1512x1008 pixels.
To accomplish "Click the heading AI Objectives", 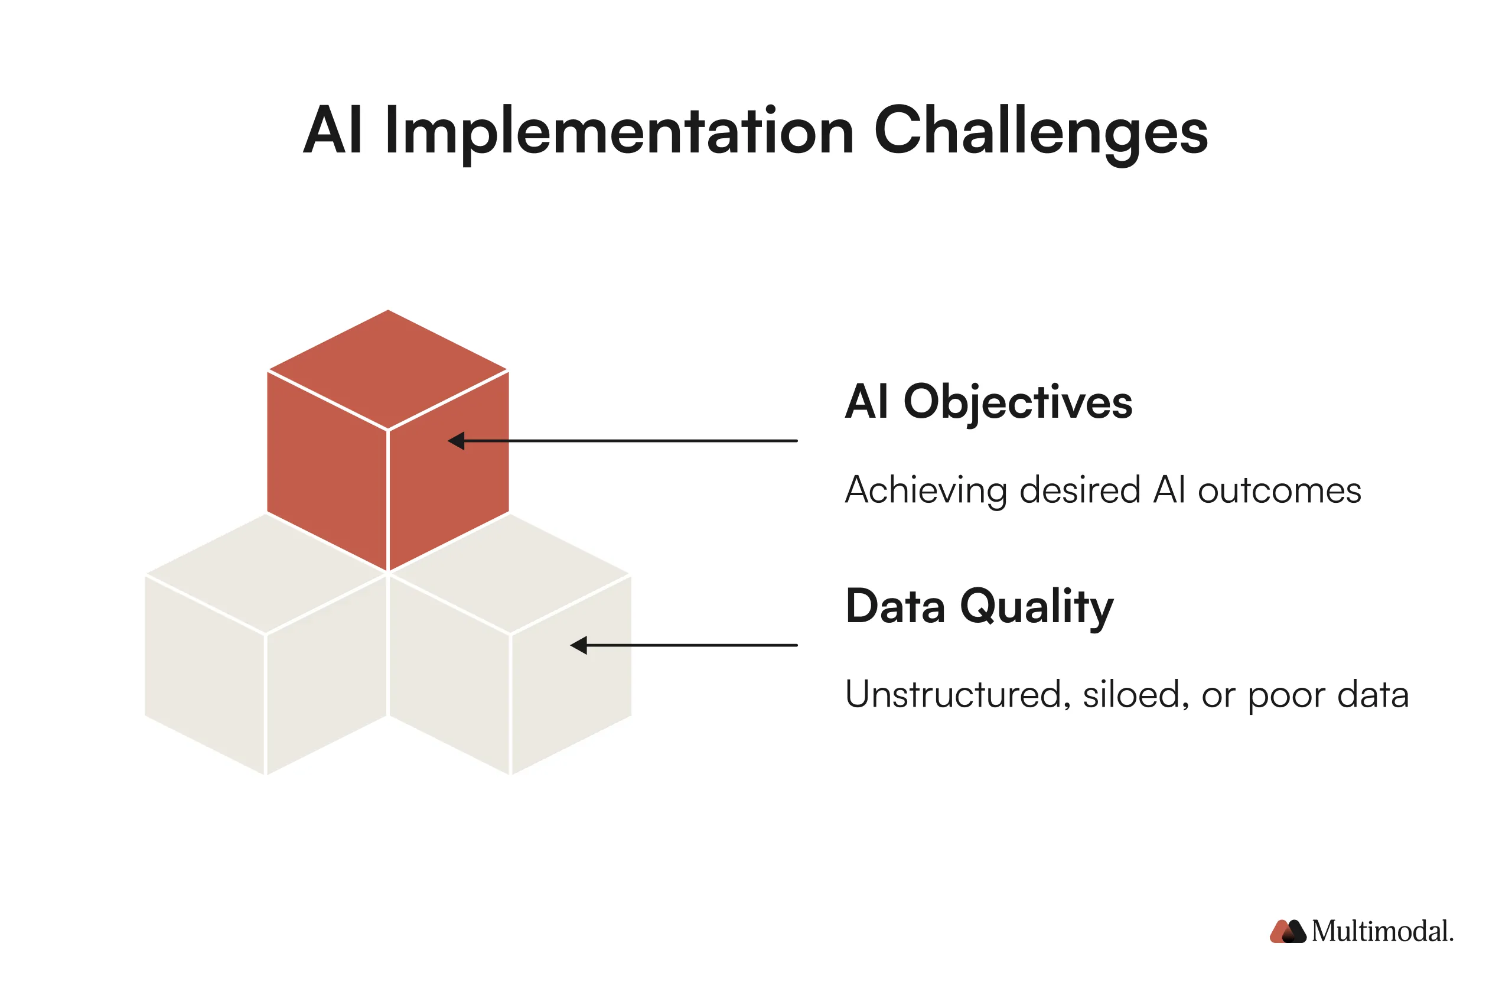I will pos(988,402).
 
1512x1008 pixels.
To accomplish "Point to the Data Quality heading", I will pos(979,606).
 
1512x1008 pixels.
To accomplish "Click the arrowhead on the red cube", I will pos(456,441).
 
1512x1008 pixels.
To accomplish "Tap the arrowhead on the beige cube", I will pos(579,645).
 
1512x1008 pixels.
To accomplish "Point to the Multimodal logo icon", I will pos(1287,932).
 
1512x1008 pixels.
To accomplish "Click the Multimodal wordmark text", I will pos(1381,932).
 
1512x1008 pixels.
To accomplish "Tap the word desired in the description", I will pos(1080,490).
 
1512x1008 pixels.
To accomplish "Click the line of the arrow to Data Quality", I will pos(694,645).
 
